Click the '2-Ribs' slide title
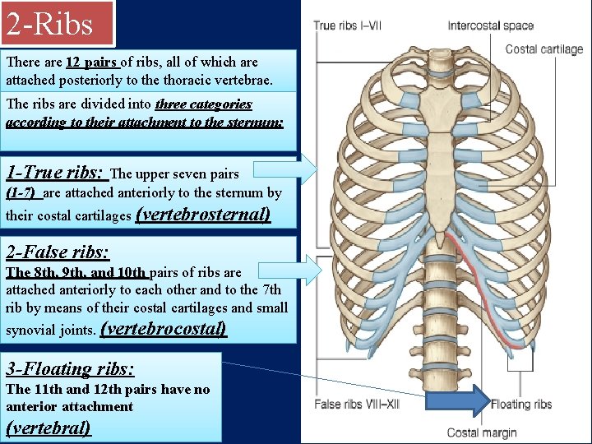[50, 24]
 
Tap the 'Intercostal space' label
[491, 26]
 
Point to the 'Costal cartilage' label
[543, 49]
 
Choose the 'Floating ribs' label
[521, 404]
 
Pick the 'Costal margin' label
[482, 432]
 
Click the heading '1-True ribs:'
[55, 173]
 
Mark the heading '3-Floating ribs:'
[70, 368]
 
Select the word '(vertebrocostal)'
[163, 330]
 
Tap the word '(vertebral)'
[49, 428]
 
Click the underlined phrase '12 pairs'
[93, 62]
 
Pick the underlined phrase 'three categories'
[203, 104]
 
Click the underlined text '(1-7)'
[22, 193]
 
